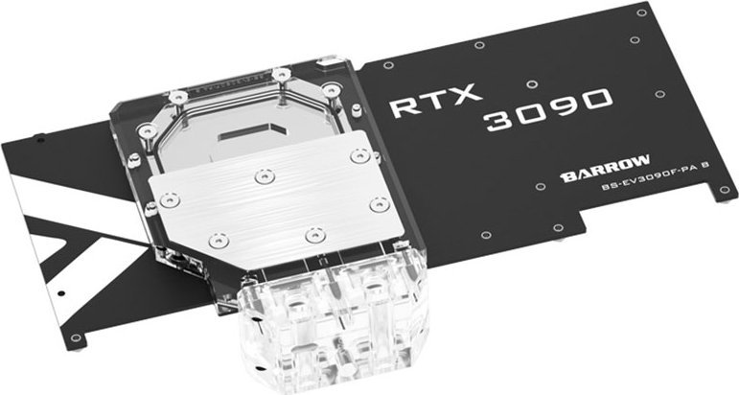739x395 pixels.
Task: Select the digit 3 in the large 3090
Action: [499, 121]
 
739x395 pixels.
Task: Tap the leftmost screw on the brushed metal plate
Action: [169, 199]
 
